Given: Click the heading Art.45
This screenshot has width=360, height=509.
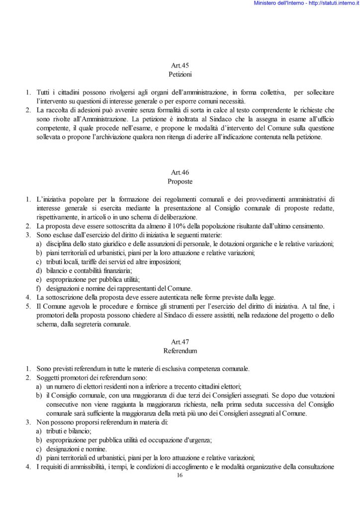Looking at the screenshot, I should click(x=180, y=65).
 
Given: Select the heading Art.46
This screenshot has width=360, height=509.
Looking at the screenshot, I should click(x=180, y=172).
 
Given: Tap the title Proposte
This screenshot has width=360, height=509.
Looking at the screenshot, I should click(x=180, y=181).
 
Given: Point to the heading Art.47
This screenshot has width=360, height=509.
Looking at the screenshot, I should click(x=180, y=342).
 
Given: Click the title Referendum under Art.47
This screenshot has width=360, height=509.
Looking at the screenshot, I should click(x=180, y=351).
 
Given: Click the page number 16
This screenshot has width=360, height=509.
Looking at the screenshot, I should click(x=180, y=476).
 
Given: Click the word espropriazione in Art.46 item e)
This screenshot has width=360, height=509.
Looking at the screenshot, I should click(x=65, y=279).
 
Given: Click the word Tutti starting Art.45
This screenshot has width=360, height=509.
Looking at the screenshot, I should click(x=45, y=92).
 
